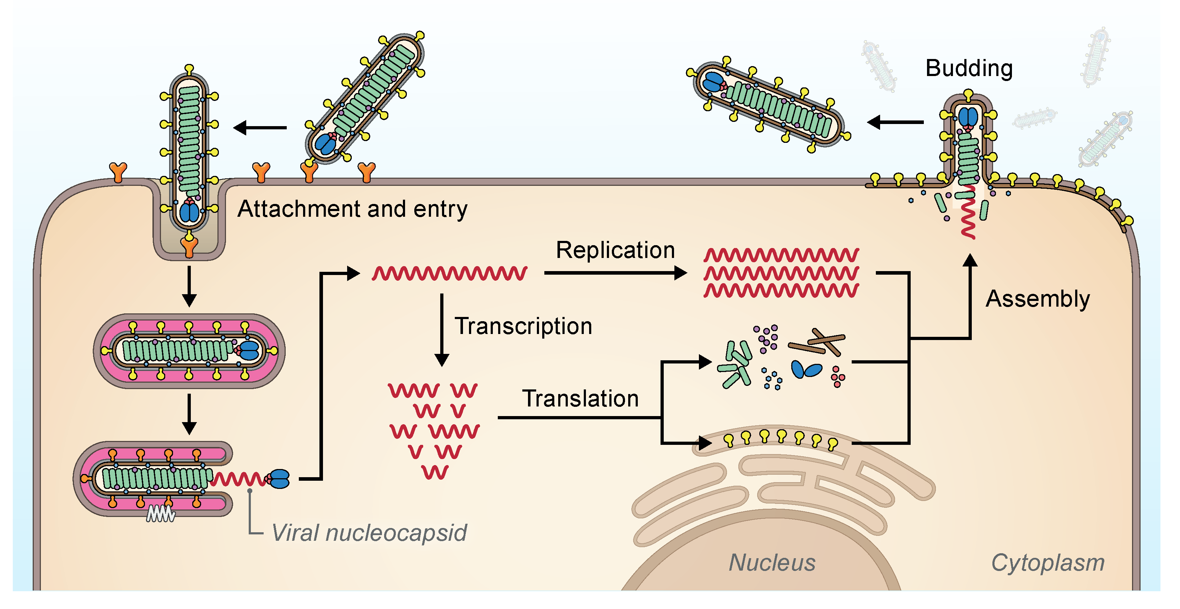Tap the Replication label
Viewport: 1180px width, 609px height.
(x=615, y=250)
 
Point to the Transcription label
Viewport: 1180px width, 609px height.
(x=523, y=326)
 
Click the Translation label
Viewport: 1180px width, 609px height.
(x=580, y=399)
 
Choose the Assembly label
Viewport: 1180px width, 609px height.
(x=1037, y=299)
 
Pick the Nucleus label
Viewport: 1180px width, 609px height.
(x=772, y=563)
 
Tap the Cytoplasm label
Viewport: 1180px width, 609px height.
(x=1047, y=563)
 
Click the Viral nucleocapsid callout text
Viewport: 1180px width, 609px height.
(x=369, y=533)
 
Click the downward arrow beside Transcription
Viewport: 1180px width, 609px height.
(x=442, y=330)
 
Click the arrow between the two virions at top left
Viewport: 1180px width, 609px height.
(x=260, y=128)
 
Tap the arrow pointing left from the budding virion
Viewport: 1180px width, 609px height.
(x=895, y=122)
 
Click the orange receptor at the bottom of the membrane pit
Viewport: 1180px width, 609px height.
(x=189, y=246)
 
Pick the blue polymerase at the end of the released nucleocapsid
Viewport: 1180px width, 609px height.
(x=279, y=479)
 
